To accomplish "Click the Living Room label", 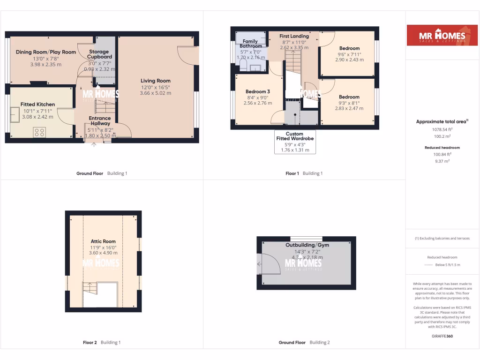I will click(x=156, y=81).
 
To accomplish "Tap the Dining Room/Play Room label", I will click(x=45, y=52).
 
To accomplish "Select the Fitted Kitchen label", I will click(x=37, y=105).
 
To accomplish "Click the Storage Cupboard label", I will click(x=98, y=54).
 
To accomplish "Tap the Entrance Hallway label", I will click(x=100, y=121).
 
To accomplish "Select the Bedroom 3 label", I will click(x=258, y=91).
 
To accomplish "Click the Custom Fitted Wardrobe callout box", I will click(x=294, y=142).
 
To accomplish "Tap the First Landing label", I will click(x=294, y=36).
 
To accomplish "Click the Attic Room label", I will click(x=103, y=241).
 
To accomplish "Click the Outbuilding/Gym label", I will click(x=307, y=245).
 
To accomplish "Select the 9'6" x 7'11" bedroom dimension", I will click(x=349, y=54).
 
